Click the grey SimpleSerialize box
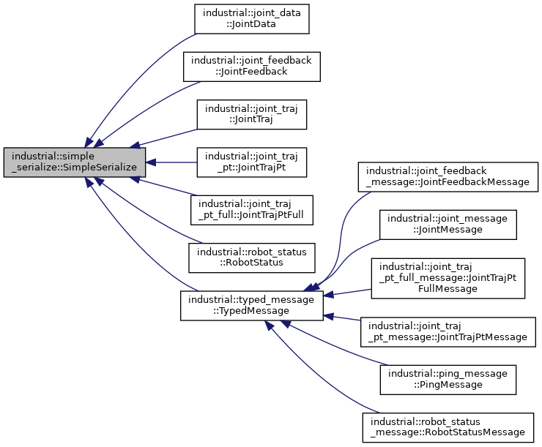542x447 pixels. point(74,162)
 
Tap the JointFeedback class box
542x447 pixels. point(252,66)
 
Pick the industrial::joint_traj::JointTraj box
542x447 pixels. point(252,114)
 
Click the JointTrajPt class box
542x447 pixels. point(252,162)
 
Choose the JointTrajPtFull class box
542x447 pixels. point(252,210)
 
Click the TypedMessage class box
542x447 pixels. point(252,306)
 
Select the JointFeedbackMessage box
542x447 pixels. point(448,176)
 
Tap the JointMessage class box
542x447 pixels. point(448,225)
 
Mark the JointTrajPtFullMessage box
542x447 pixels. point(448,278)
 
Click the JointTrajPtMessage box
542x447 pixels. point(448,331)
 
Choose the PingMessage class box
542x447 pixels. point(448,379)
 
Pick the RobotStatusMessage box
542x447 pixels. point(448,427)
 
